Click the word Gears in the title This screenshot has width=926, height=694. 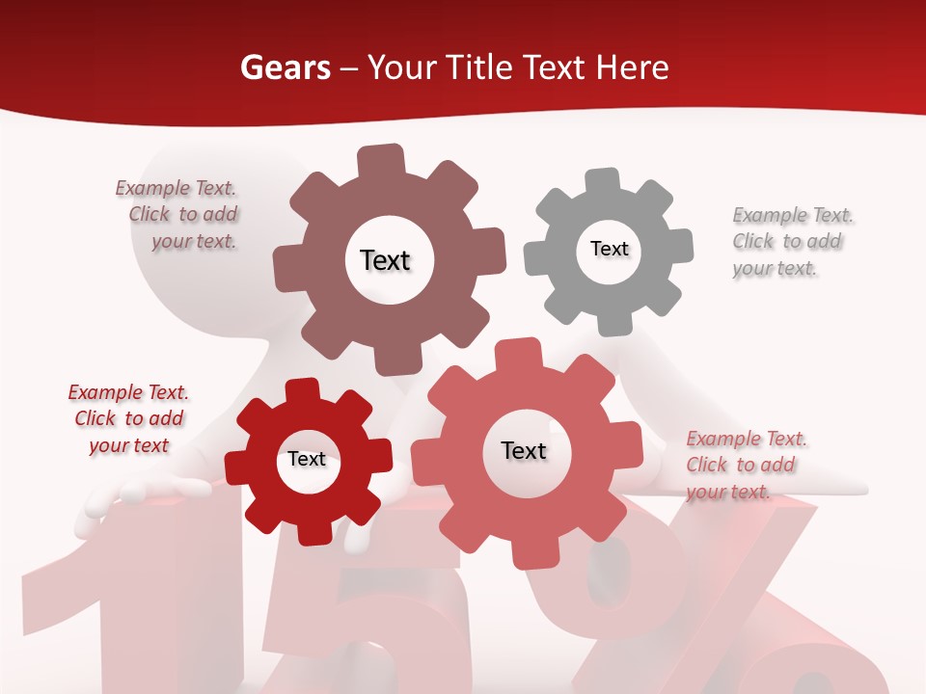pos(285,67)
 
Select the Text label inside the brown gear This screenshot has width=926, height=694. pos(386,260)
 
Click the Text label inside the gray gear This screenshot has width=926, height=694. pos(609,249)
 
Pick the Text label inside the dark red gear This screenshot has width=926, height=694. pos(307,459)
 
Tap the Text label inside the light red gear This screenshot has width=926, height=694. pos(524,450)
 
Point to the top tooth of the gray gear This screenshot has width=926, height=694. pos(603,181)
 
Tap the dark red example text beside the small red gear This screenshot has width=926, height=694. pos(128,418)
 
